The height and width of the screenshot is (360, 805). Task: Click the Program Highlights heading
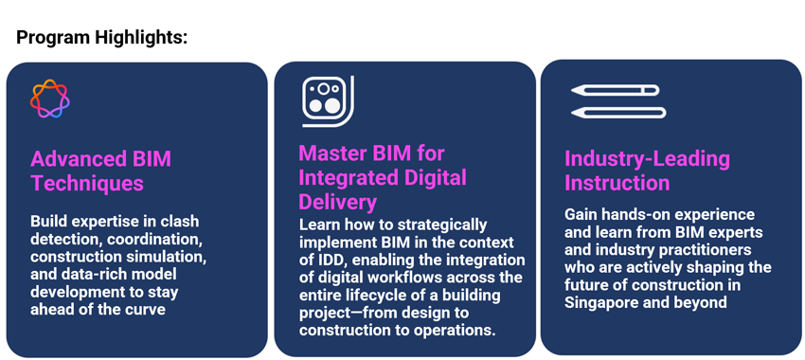[101, 38]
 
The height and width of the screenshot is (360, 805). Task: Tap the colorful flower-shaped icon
[50, 99]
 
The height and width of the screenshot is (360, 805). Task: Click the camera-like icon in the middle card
[328, 101]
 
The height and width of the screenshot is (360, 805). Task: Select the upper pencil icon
[615, 90]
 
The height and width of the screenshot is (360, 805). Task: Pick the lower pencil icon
[618, 113]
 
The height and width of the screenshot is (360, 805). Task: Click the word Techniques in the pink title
[87, 184]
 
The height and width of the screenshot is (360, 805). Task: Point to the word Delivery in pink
[338, 203]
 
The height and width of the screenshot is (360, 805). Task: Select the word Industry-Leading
[647, 159]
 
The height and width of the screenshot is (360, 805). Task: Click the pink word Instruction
[617, 184]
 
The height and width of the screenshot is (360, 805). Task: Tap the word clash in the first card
[180, 222]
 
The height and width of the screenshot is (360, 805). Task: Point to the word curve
[144, 310]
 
